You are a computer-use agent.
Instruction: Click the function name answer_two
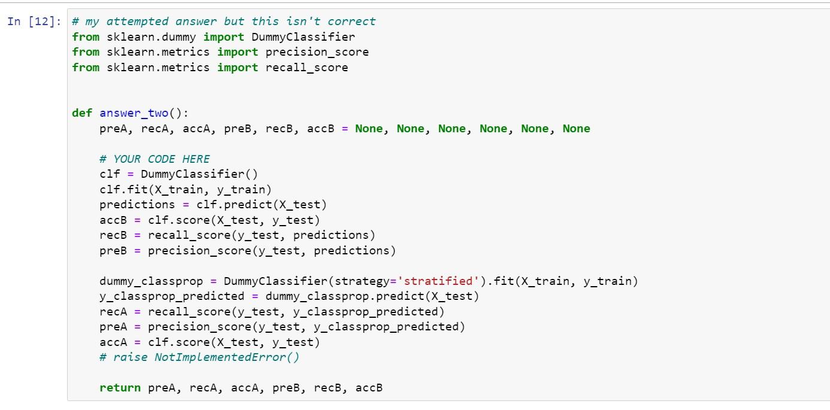tap(134, 113)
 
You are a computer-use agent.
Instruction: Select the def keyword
tap(82, 113)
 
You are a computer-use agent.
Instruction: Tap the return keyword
tap(120, 387)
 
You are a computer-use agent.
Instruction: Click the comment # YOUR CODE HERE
tap(155, 159)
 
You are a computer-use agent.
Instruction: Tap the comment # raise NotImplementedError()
tap(199, 357)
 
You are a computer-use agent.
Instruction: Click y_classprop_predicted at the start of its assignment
tap(172, 296)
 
